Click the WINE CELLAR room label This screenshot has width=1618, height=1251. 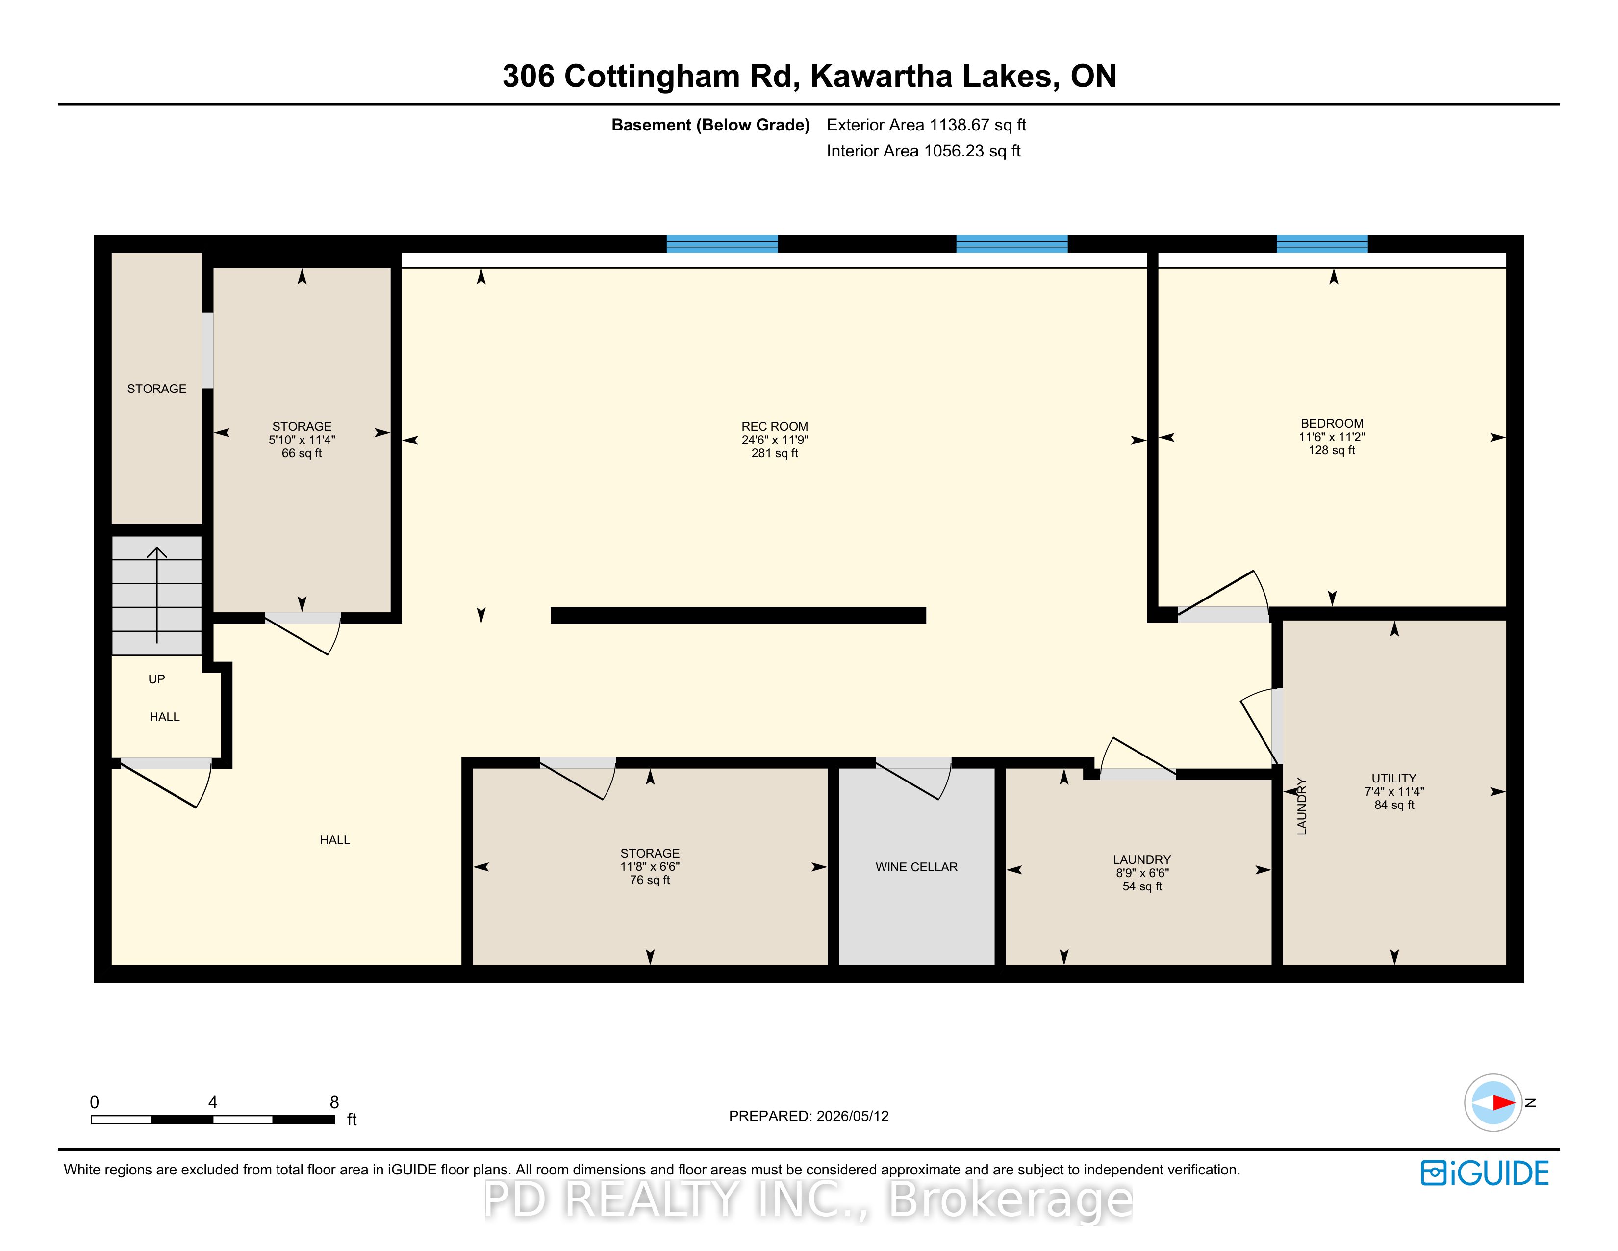916,867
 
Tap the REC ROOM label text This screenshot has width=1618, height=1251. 774,427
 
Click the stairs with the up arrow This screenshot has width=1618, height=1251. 156,595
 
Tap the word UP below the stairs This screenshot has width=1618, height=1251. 156,679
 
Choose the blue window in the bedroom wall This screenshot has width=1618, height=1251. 1322,244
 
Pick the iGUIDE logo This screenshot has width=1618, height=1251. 1485,1173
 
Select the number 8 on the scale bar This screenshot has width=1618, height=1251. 334,1102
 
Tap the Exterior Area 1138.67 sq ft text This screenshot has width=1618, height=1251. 926,125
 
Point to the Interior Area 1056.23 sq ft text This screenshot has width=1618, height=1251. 923,151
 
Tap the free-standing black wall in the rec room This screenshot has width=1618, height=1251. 738,615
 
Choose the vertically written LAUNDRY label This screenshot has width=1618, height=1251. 1302,807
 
